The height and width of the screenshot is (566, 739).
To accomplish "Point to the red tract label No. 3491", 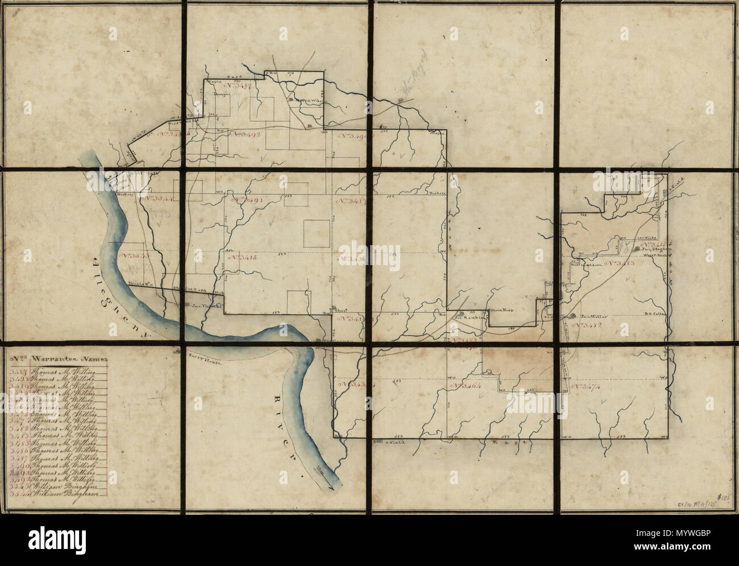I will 246,201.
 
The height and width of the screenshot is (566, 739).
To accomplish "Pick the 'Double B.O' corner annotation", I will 139,283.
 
